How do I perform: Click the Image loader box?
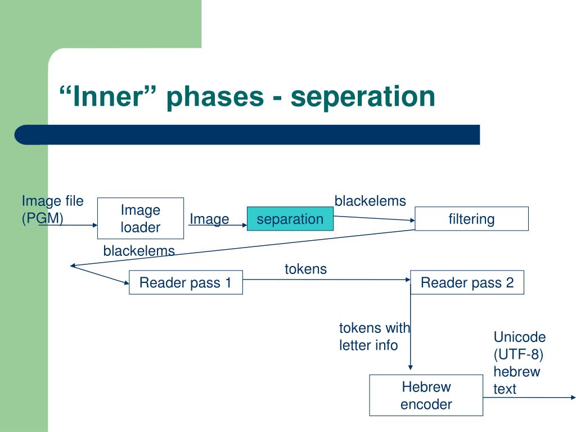141,218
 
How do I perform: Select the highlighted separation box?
290,219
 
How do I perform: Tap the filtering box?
471,219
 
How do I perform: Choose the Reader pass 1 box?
186,282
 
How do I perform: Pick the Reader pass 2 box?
467,282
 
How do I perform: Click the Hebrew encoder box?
426,395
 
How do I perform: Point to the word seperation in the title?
363,96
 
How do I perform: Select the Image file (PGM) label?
52,209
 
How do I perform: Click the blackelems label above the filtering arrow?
370,201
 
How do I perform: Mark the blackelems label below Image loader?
139,251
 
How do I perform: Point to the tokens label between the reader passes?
305,269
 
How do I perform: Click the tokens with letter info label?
374,336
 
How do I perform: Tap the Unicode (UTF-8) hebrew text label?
519,362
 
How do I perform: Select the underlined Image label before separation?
209,219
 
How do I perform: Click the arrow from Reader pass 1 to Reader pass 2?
326,280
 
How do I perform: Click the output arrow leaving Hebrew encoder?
529,397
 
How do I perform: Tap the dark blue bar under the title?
247,135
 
